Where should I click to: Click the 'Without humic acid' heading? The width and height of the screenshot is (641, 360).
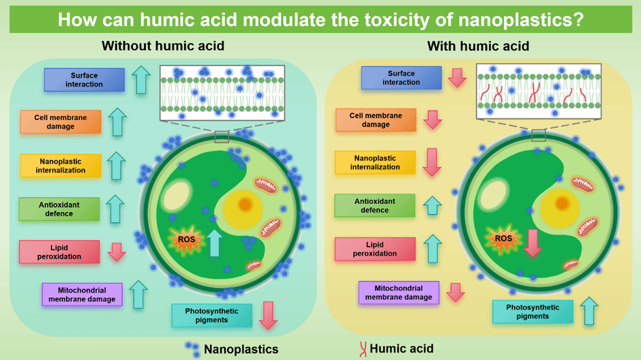163,46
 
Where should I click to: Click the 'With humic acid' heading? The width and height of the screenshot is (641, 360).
478,46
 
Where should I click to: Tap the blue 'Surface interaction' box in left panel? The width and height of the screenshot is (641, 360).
85,80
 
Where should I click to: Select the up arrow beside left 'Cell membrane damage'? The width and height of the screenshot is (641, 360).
117,121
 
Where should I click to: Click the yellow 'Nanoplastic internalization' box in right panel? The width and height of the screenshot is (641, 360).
375,162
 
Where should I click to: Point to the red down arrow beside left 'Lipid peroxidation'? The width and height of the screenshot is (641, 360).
117,252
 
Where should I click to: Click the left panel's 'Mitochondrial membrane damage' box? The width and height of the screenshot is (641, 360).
83,294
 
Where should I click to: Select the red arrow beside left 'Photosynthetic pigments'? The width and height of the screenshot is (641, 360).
269,314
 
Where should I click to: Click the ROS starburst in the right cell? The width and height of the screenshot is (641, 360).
503,239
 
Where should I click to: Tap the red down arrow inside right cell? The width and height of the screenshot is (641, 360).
533,243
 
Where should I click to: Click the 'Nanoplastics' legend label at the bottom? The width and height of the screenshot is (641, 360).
241,349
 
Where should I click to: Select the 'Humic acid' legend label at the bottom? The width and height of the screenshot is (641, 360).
401,348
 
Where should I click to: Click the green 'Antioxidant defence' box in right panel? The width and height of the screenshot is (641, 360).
375,205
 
